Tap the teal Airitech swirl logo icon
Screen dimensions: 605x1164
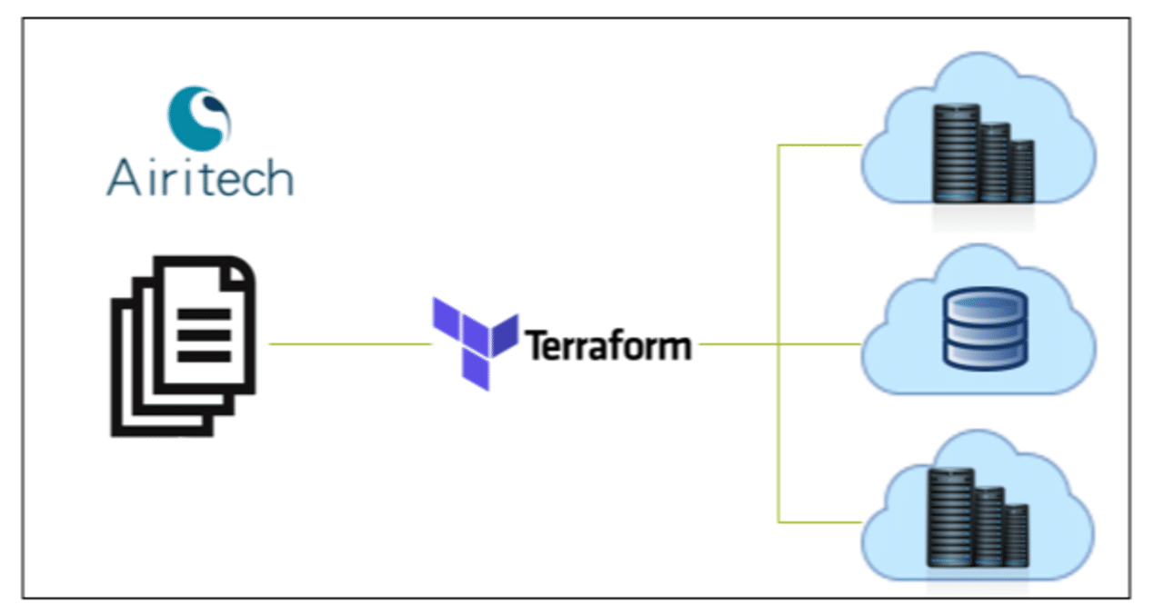coord(199,117)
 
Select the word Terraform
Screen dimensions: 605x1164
coord(608,345)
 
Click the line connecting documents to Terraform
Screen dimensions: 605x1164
coord(350,344)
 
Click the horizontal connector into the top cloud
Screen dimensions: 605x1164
coord(818,144)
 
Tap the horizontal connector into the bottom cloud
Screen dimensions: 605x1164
coord(818,522)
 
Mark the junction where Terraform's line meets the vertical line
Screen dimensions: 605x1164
coord(778,344)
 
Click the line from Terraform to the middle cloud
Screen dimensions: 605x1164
coord(818,344)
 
